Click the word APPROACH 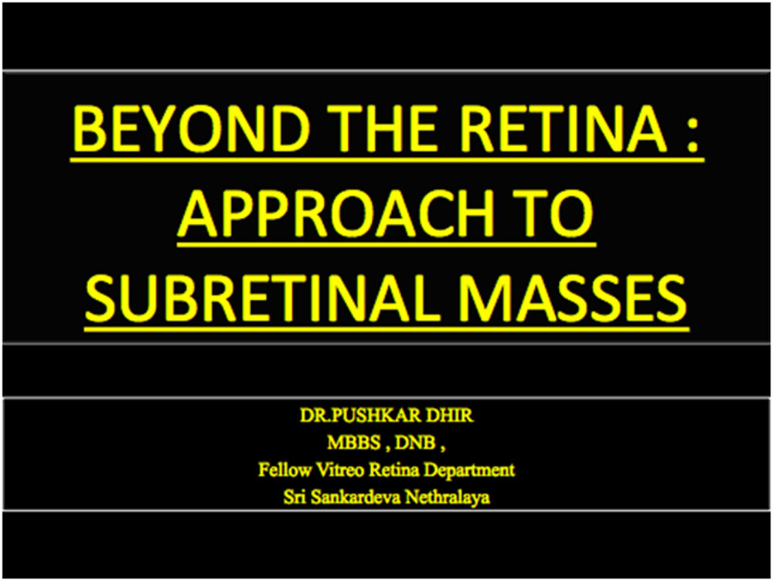pyautogui.click(x=335, y=213)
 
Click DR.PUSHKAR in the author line pyautogui.click(x=359, y=416)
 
